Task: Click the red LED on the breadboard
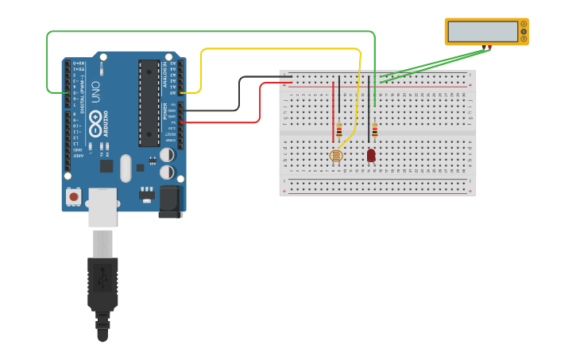371,155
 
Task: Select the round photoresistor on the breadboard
336,156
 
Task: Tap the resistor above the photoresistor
339,129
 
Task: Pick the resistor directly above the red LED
374,130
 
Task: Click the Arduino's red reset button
74,195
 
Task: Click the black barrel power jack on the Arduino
170,201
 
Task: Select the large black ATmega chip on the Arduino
149,103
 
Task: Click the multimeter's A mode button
524,24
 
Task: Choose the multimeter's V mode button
524,32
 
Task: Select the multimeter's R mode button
524,39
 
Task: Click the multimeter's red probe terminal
489,48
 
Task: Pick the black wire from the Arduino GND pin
239,94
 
